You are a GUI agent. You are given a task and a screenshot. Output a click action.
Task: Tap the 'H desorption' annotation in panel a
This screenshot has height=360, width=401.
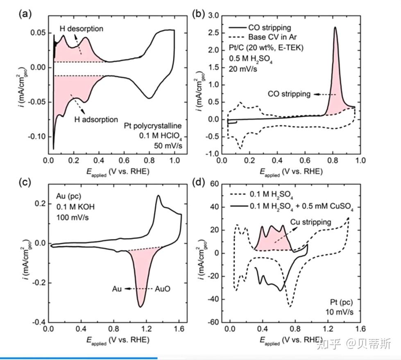coord(82,29)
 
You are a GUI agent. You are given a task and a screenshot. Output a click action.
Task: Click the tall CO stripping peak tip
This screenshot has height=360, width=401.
coord(335,28)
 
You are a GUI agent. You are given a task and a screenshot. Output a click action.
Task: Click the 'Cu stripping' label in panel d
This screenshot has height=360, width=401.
coord(311,222)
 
